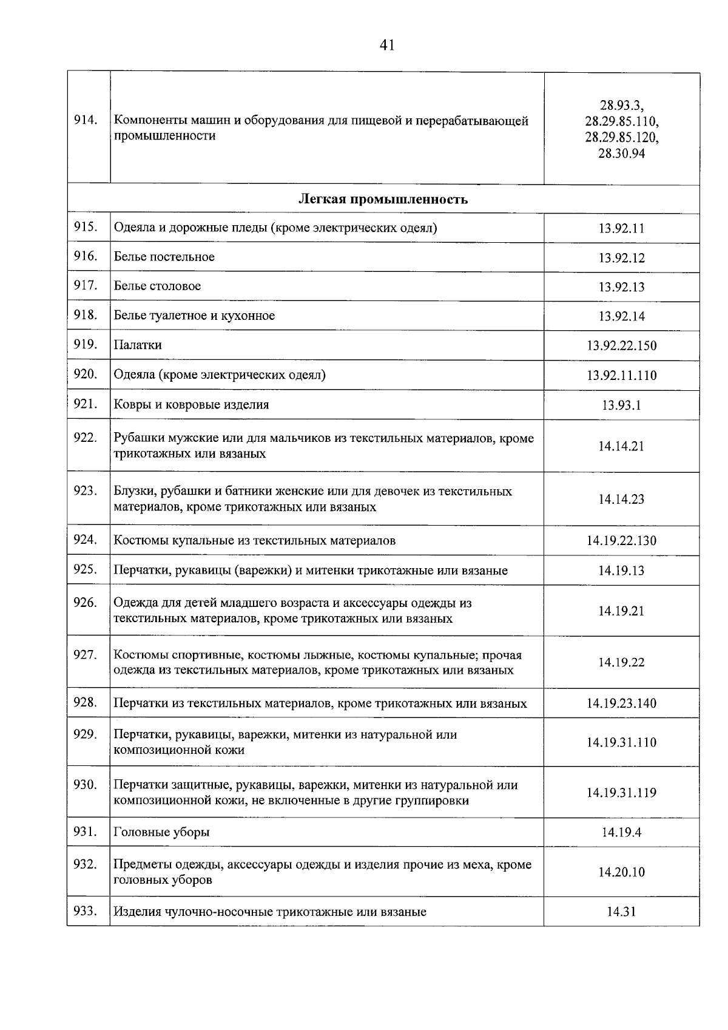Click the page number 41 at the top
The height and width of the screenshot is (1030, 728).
click(x=387, y=45)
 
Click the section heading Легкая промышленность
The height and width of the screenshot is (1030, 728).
click(x=383, y=199)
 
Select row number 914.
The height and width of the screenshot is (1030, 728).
click(x=86, y=120)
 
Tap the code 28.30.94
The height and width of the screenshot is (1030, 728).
click(x=621, y=154)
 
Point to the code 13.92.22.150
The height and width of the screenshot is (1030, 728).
click(x=621, y=345)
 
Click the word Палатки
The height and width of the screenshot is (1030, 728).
click(x=138, y=345)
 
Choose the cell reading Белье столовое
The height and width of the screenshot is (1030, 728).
click(x=157, y=286)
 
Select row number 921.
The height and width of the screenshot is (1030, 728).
click(x=86, y=404)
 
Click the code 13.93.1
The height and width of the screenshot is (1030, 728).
click(x=621, y=405)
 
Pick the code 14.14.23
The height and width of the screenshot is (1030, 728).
click(x=621, y=499)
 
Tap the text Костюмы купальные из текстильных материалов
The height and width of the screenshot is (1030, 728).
click(x=255, y=540)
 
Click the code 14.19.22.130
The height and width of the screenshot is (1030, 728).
click(x=621, y=540)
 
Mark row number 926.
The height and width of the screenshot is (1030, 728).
click(x=86, y=602)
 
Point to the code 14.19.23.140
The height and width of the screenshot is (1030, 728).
click(x=621, y=703)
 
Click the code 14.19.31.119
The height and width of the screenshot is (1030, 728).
click(x=621, y=792)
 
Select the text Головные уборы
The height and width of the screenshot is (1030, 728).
click(x=161, y=832)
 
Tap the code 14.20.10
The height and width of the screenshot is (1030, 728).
click(x=621, y=872)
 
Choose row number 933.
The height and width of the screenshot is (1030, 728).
click(x=86, y=910)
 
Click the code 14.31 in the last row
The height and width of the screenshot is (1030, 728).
click(x=621, y=912)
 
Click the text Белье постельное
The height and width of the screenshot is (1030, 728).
click(x=164, y=257)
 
